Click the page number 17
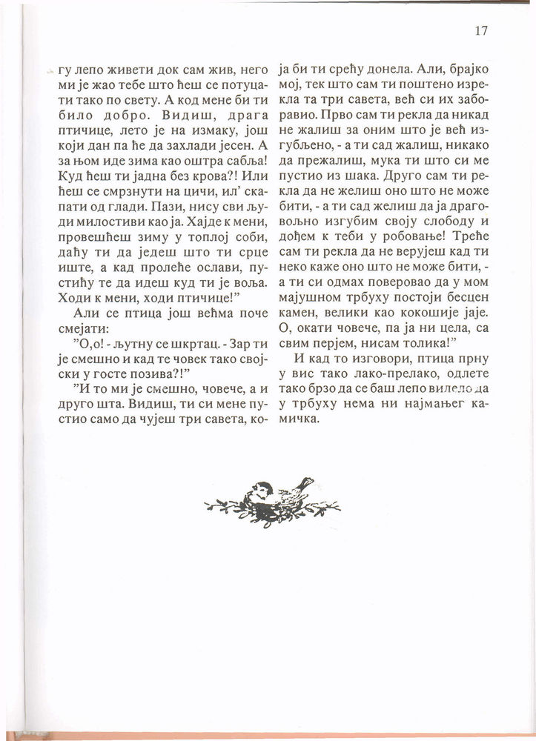[480, 30]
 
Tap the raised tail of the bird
[305, 483]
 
